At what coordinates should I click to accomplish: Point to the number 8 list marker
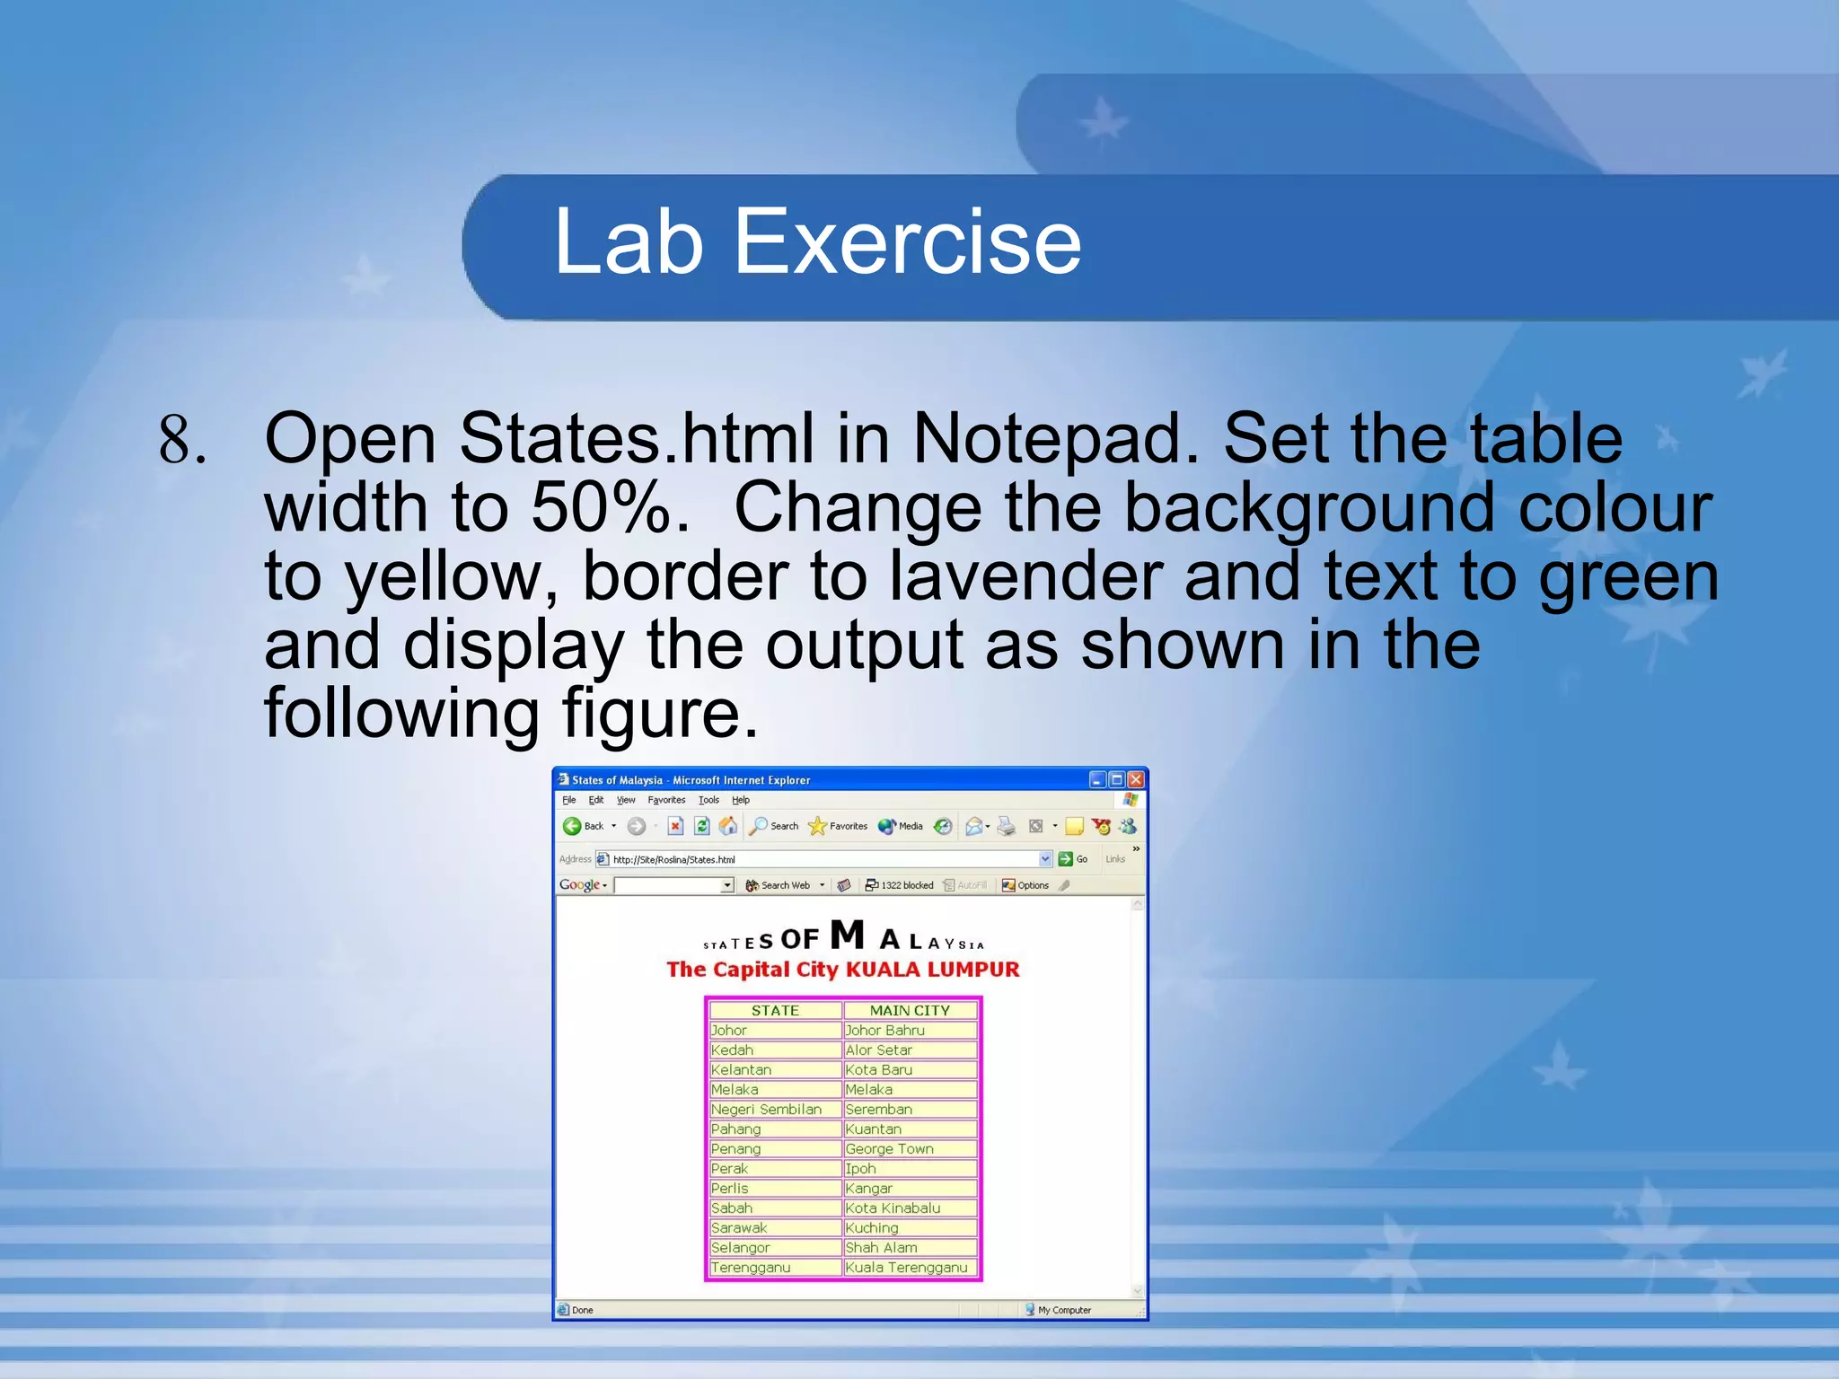tap(181, 440)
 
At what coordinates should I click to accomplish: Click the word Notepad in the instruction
tap(1055, 439)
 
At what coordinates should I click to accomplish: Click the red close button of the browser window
tap(1136, 779)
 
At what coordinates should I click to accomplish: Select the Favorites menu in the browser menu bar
tap(666, 800)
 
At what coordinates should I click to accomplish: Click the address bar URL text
tap(673, 859)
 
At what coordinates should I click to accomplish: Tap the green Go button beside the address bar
tap(1066, 859)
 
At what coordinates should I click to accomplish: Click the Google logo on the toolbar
tap(580, 885)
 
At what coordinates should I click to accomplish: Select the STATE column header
tap(775, 1011)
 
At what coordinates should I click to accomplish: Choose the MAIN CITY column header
tap(910, 1011)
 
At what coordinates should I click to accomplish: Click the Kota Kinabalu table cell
tap(893, 1208)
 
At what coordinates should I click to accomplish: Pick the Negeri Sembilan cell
tap(766, 1110)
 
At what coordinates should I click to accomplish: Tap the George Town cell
tap(889, 1149)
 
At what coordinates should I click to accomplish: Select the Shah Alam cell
tap(881, 1248)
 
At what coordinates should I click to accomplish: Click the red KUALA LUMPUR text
tap(933, 970)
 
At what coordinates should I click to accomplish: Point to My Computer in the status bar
tap(1064, 1310)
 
